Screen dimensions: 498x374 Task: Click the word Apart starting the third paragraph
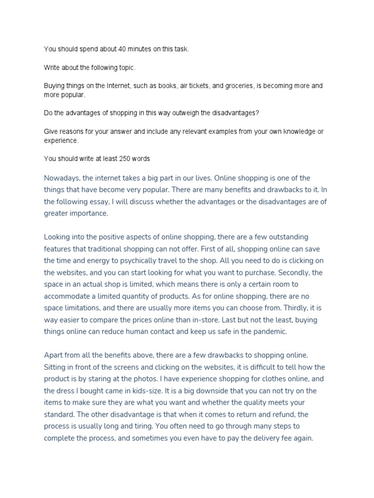55,356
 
